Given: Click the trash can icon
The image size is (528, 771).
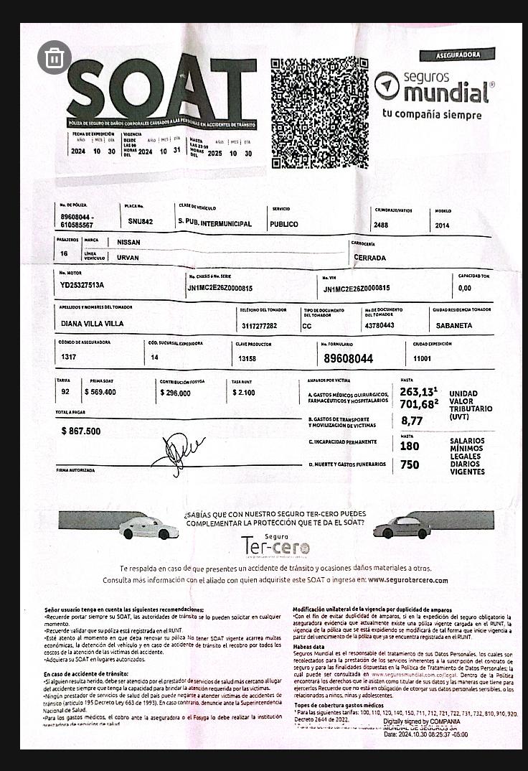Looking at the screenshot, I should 55,58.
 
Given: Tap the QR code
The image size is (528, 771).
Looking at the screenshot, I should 319,113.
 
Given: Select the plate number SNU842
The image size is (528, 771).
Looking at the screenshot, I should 141,222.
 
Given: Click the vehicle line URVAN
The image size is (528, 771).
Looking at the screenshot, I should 128,258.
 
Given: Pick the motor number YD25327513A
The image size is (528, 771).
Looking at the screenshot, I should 82,285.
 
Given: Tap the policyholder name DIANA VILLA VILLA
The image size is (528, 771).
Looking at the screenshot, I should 93,324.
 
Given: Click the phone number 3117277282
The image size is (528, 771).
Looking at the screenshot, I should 259,325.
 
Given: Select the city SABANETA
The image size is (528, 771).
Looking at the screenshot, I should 453,325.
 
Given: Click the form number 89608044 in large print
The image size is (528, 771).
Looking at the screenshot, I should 349,358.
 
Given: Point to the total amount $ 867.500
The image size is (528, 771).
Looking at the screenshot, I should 81,431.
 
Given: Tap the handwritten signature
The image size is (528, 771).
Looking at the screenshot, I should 176,452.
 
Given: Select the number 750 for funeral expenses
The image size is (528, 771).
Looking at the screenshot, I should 410,465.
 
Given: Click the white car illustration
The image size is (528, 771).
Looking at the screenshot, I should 148,529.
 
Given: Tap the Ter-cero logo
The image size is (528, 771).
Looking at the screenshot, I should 276,547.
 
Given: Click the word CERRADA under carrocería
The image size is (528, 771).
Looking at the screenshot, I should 369,258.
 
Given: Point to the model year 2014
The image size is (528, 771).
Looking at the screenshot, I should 443,225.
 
